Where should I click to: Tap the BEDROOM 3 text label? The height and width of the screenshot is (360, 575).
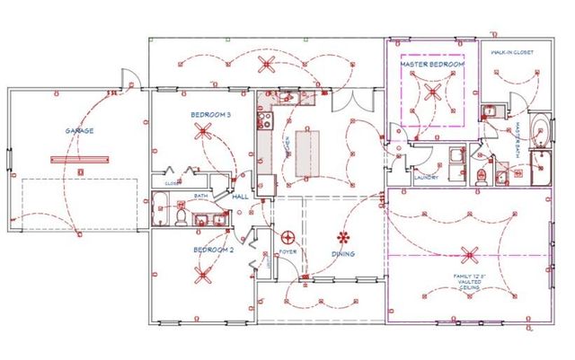pyautogui.click(x=210, y=115)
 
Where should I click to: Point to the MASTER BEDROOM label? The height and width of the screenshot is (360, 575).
pyautogui.click(x=432, y=66)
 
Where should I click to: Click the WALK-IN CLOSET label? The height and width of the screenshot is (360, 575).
pyautogui.click(x=512, y=52)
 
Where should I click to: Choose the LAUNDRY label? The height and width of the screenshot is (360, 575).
pyautogui.click(x=426, y=177)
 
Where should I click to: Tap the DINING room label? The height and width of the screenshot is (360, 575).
pyautogui.click(x=342, y=254)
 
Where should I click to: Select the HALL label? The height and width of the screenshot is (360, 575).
pyautogui.click(x=240, y=197)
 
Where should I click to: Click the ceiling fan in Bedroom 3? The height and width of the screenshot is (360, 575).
pyautogui.click(x=204, y=135)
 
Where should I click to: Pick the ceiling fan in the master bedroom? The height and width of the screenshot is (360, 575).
pyautogui.click(x=430, y=91)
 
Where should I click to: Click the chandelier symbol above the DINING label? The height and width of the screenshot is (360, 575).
pyautogui.click(x=342, y=238)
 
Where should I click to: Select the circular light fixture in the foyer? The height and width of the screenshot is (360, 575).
pyautogui.click(x=289, y=238)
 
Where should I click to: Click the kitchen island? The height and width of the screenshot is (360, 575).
pyautogui.click(x=306, y=152)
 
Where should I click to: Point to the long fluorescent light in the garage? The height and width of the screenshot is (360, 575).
pyautogui.click(x=81, y=160)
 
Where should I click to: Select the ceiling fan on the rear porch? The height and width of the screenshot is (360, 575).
pyautogui.click(x=266, y=63)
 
